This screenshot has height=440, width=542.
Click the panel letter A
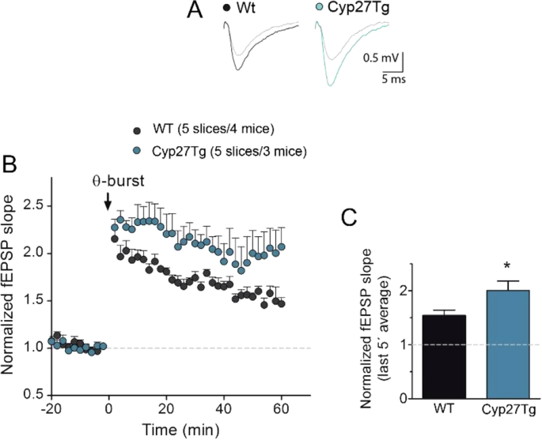199,11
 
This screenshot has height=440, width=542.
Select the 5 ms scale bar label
388,79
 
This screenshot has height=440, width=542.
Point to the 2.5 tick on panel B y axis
32,205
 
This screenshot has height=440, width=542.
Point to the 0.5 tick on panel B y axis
32,394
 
